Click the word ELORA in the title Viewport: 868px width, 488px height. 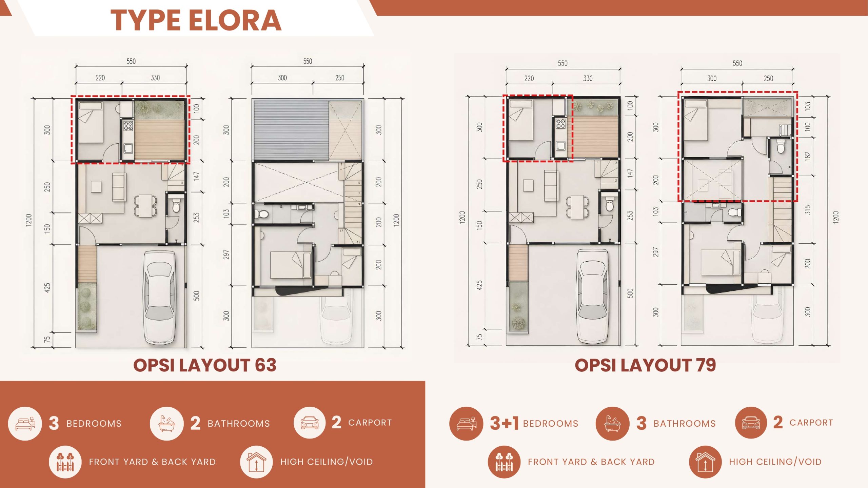pyautogui.click(x=235, y=20)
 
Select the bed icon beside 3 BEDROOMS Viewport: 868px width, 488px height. pyautogui.click(x=25, y=424)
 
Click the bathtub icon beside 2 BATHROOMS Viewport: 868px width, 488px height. pyautogui.click(x=166, y=424)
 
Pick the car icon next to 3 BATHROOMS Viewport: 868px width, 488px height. pyautogui.click(x=751, y=423)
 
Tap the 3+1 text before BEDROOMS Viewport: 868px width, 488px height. pyautogui.click(x=504, y=423)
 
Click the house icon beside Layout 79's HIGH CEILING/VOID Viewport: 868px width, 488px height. pyautogui.click(x=705, y=462)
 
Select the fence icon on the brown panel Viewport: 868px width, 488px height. pyautogui.click(x=65, y=462)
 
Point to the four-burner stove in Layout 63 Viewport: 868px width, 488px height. pyautogui.click(x=128, y=126)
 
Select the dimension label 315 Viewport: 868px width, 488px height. pyautogui.click(x=808, y=210)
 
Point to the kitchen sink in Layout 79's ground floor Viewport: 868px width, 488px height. pyautogui.click(x=560, y=146)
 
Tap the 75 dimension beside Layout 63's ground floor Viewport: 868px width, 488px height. pyautogui.click(x=47, y=339)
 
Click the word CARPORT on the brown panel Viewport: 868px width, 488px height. pyautogui.click(x=370, y=423)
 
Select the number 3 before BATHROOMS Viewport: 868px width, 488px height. pyautogui.click(x=641, y=423)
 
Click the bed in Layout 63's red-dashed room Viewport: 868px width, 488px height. pyautogui.click(x=91, y=122)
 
